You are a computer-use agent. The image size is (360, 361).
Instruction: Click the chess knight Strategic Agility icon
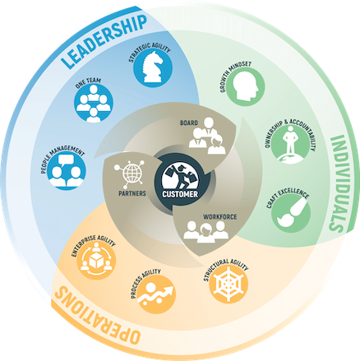[153, 67]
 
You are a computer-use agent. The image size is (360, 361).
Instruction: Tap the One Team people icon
[94, 103]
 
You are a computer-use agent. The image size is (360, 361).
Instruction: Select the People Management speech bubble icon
[67, 170]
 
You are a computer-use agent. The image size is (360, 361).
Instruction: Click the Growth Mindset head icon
[245, 86]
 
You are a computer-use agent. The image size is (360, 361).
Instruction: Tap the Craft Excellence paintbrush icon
[291, 213]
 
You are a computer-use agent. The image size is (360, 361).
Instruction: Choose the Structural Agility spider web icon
[228, 283]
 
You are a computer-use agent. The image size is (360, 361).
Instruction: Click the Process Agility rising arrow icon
[156, 294]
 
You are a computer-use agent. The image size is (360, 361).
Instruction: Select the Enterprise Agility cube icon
[96, 260]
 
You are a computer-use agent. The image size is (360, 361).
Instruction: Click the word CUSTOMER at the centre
[180, 194]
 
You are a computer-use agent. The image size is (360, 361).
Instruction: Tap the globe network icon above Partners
[129, 173]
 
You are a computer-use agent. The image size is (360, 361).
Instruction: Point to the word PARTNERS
[132, 193]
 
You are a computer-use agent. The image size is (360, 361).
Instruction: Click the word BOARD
[189, 123]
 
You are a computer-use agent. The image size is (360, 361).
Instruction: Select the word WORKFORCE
[220, 217]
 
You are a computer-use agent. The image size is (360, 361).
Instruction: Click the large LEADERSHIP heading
[104, 41]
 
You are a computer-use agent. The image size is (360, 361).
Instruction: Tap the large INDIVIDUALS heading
[339, 183]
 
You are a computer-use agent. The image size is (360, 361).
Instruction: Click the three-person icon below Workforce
[205, 232]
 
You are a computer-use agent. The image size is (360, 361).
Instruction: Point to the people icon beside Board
[207, 136]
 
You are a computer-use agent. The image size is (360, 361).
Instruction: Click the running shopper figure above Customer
[179, 176]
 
